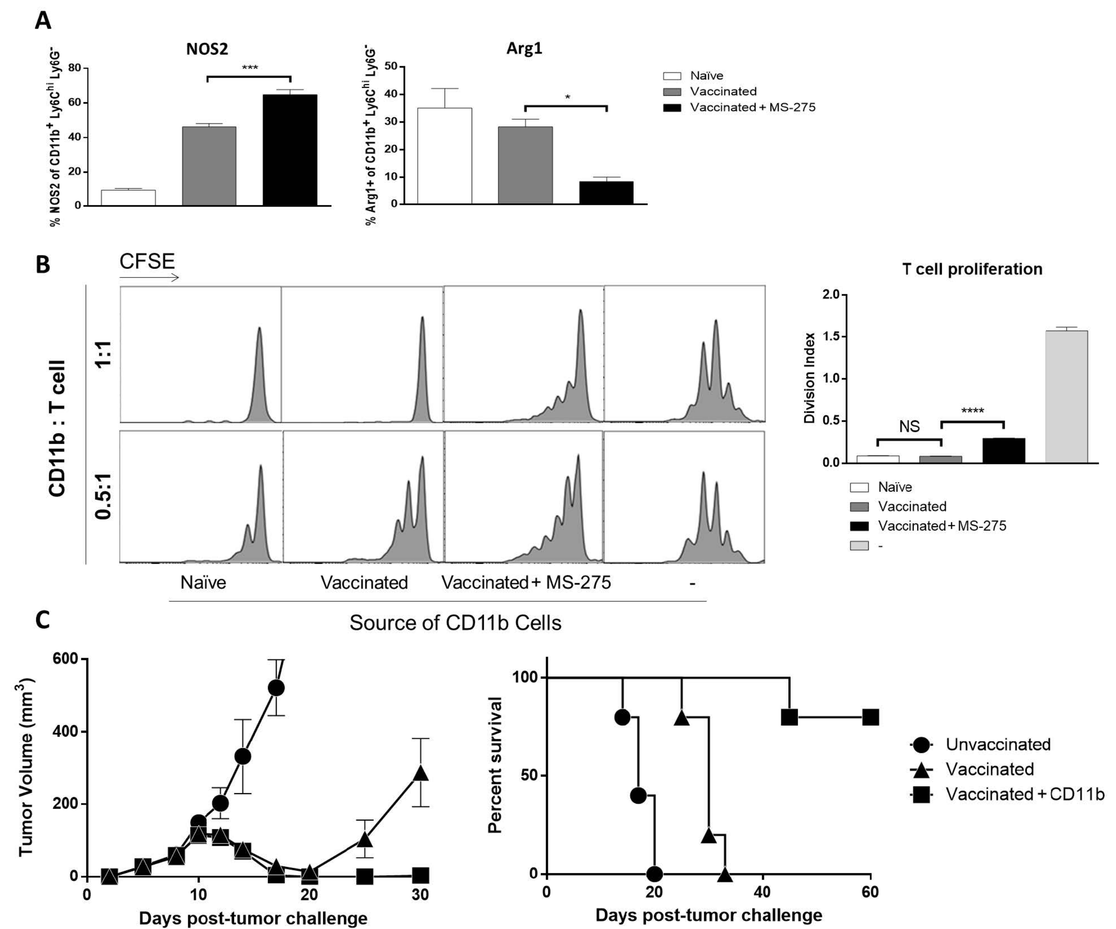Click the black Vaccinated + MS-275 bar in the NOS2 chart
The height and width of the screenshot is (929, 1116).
pos(290,150)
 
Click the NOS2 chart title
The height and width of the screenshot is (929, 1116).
pos(207,49)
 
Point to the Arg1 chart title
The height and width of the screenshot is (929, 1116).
pos(524,49)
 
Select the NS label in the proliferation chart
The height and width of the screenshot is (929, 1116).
pos(909,427)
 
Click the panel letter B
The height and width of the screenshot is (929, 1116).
pos(42,265)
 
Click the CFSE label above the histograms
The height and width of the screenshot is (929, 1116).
pos(147,262)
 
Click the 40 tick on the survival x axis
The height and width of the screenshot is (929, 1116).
pos(762,892)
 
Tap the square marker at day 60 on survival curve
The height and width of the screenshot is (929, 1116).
pos(870,717)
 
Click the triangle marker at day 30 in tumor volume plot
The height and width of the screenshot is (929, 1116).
pos(420,773)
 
